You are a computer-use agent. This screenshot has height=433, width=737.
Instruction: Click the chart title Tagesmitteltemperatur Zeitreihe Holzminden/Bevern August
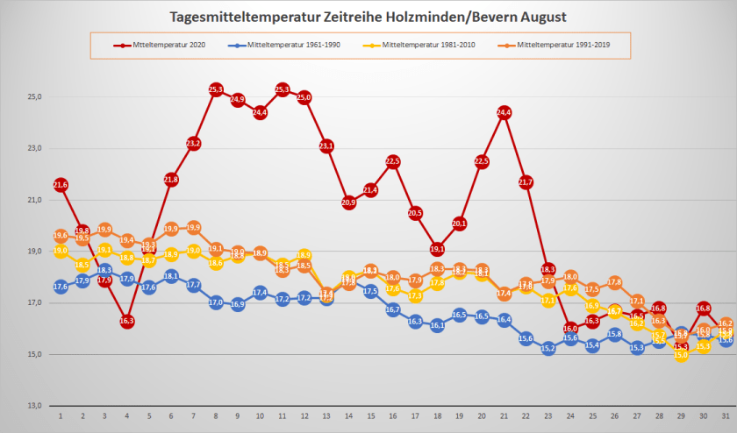pos(368,18)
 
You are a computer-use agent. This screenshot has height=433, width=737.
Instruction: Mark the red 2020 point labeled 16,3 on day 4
pos(127,322)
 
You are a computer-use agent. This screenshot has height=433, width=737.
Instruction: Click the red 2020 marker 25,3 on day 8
pos(216,89)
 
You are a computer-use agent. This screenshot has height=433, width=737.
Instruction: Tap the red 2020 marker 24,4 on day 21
pos(504,112)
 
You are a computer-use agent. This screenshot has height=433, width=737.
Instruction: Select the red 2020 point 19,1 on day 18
pos(437,249)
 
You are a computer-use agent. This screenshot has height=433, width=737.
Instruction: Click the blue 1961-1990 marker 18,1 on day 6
pos(171,276)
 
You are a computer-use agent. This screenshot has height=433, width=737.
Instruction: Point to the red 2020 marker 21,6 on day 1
pos(61,185)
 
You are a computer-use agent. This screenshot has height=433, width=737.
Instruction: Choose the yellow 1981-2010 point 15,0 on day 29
pos(681,354)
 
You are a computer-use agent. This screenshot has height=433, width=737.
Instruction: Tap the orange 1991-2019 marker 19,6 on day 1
pos(61,236)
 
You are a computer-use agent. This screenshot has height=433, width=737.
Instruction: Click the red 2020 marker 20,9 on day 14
pos(348,202)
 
